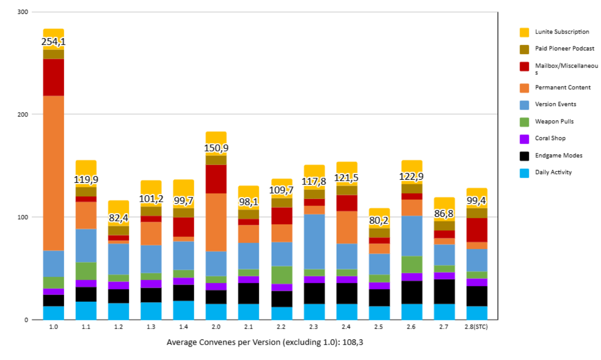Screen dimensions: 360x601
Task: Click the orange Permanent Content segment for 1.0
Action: (x=54, y=173)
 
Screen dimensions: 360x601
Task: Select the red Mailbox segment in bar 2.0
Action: (x=216, y=179)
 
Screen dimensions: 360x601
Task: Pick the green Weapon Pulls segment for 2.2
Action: (x=281, y=275)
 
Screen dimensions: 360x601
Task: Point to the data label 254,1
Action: (x=54, y=42)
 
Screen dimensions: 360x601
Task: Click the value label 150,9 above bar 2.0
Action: (x=216, y=148)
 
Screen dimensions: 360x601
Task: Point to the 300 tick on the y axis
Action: (x=23, y=11)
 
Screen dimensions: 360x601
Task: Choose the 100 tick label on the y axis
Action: (x=23, y=217)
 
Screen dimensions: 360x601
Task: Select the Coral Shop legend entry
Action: (x=550, y=138)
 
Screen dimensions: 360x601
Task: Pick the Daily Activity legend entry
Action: (x=553, y=172)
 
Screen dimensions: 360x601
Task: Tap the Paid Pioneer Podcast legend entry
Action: (x=564, y=48)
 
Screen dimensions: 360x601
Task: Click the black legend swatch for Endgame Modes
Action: (x=524, y=155)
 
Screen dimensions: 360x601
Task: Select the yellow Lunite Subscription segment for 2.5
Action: (x=379, y=212)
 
